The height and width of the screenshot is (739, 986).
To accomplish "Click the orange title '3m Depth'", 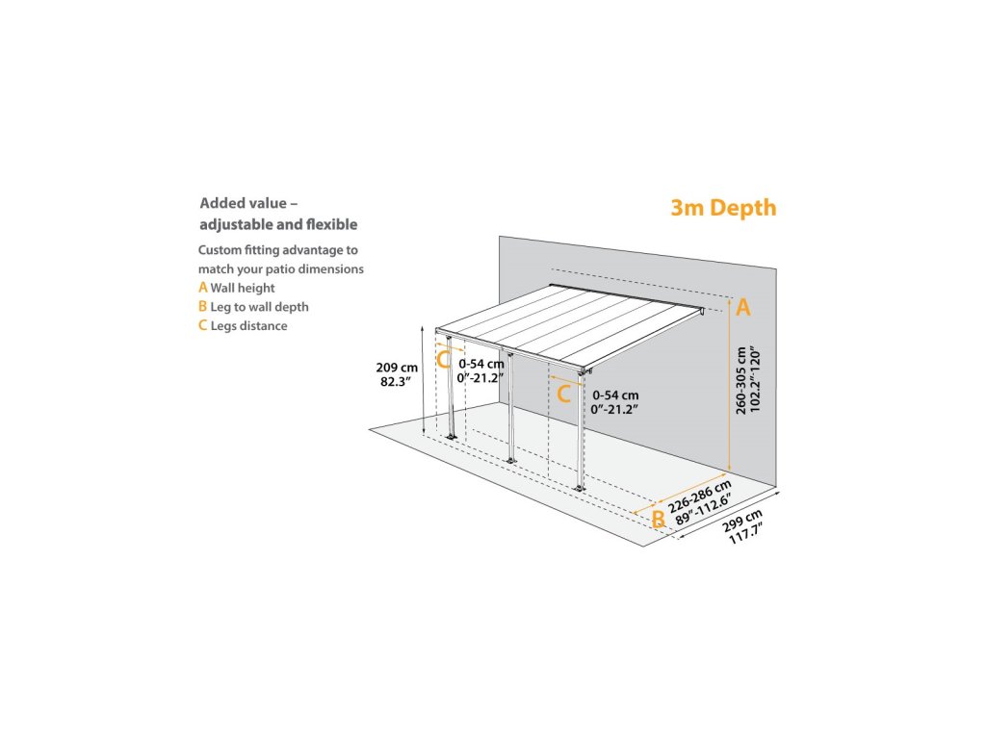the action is (x=723, y=208).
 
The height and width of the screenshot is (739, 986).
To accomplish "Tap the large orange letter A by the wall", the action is (x=743, y=307).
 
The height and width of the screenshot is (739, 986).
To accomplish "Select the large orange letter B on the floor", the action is (x=658, y=519).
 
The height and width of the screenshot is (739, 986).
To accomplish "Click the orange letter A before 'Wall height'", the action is (x=202, y=287).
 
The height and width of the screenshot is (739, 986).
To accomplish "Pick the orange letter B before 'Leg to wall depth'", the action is (x=202, y=306).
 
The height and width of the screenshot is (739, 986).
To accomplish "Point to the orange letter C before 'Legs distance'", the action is (x=202, y=325).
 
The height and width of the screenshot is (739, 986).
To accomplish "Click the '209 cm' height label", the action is (x=397, y=368).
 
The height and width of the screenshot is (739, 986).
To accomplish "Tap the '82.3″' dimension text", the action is (x=396, y=381).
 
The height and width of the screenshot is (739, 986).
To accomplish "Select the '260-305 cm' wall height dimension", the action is (x=741, y=381).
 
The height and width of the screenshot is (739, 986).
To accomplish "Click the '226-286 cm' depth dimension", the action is (x=700, y=497).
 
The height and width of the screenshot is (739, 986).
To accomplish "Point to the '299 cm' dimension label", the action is (x=742, y=521).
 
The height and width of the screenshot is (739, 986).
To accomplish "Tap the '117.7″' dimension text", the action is (x=746, y=534).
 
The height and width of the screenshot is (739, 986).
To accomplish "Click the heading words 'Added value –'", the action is (x=248, y=203).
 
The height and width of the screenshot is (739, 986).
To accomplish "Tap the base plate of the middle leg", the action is (x=510, y=461).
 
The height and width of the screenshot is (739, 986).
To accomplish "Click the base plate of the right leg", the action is (x=579, y=488).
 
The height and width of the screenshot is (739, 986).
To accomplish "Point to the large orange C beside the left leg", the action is (x=443, y=360).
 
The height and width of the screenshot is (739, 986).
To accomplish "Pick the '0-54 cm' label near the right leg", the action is (x=615, y=395).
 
